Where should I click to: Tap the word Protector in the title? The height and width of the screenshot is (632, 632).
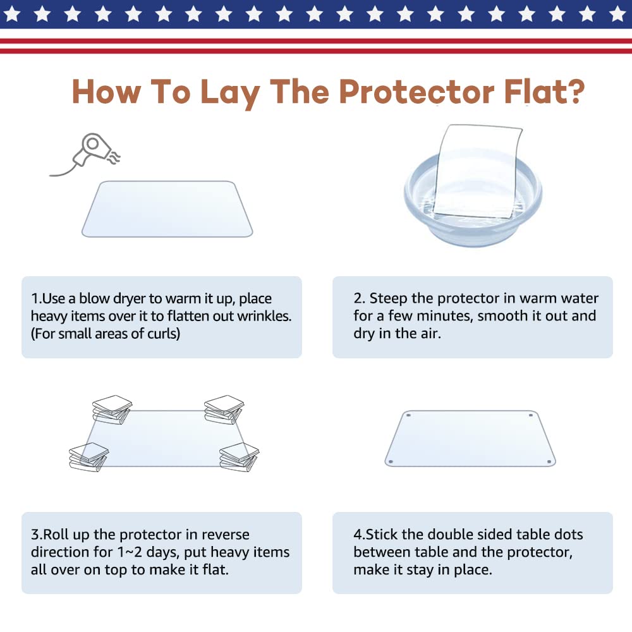pyautogui.click(x=416, y=92)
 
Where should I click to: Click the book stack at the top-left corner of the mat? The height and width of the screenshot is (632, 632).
pyautogui.click(x=112, y=410)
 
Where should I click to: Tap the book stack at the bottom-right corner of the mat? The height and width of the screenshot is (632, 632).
pyautogui.click(x=240, y=457)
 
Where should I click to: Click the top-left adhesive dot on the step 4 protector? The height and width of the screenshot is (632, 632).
pyautogui.click(x=408, y=415)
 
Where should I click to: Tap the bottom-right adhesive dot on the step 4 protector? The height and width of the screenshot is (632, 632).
pyautogui.click(x=549, y=461)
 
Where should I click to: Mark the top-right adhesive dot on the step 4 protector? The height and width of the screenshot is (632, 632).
pyautogui.click(x=531, y=415)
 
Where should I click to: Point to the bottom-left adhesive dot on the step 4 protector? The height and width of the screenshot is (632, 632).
pyautogui.click(x=390, y=461)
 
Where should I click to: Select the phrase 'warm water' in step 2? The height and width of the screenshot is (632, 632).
pyautogui.click(x=559, y=298)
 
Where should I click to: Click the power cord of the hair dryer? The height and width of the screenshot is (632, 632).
pyautogui.click(x=64, y=169)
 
